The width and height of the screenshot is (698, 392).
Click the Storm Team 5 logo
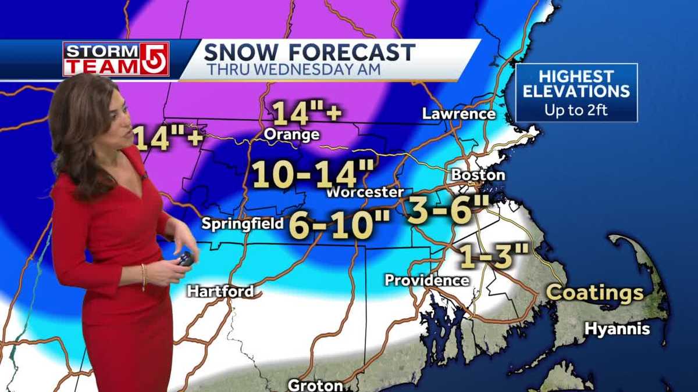coord(116,59)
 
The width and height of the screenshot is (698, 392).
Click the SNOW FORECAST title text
coord(309,52)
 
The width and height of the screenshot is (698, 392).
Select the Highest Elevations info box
coord(576,92)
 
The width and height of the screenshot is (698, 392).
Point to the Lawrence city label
coord(458,114)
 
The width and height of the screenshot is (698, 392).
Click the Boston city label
coord(478,174)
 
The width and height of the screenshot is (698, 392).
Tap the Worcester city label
coord(365,192)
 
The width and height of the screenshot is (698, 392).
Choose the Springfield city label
coord(243,224)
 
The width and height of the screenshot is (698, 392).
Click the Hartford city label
coord(220,291)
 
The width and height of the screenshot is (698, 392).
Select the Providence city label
coord(426,280)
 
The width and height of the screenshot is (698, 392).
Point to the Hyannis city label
coord(617,329)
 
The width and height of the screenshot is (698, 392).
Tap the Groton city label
coord(315,384)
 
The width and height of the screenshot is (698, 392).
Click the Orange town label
coord(291,135)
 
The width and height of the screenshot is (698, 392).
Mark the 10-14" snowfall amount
coord(313,174)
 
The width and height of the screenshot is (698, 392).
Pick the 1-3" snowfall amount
coord(494,256)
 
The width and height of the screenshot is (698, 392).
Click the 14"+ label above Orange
coord(307,113)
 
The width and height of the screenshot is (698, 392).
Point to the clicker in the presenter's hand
coord(186,258)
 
